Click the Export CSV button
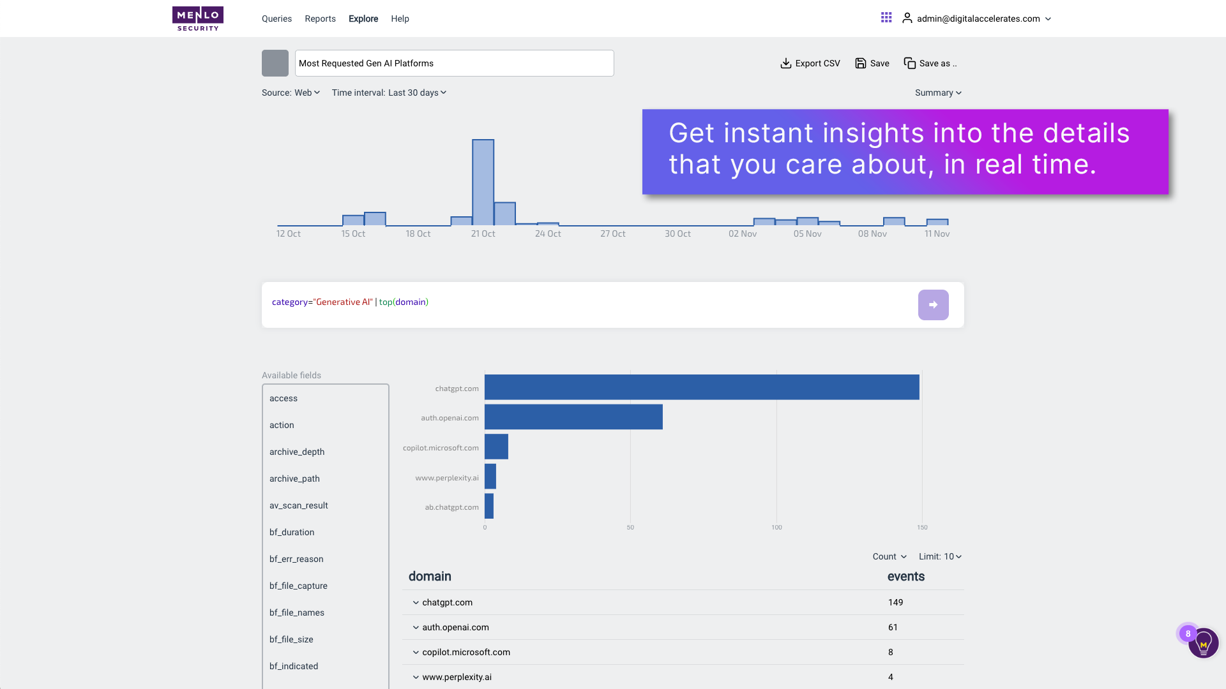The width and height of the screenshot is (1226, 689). click(x=810, y=63)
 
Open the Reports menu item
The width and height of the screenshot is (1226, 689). click(x=320, y=19)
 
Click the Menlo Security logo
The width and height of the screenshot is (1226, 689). click(x=198, y=19)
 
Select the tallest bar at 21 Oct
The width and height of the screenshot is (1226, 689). click(x=483, y=182)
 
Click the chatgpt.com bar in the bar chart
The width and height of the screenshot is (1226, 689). click(x=701, y=387)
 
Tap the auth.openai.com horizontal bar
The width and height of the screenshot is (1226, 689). click(x=573, y=417)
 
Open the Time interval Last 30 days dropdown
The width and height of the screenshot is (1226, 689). click(x=389, y=93)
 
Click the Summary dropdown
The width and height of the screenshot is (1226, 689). click(x=937, y=93)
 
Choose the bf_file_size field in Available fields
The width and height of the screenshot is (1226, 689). click(x=291, y=639)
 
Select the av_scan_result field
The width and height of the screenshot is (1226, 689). click(x=298, y=505)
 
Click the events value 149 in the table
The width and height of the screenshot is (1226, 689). click(x=895, y=602)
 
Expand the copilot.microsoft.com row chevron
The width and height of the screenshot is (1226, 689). click(x=416, y=652)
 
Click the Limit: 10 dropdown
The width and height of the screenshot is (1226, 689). click(x=940, y=556)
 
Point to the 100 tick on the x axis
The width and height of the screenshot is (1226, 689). click(x=776, y=528)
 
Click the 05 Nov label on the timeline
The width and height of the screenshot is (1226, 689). click(x=807, y=234)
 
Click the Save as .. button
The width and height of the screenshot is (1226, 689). click(x=930, y=63)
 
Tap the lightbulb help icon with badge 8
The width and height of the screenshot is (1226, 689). click(x=1203, y=643)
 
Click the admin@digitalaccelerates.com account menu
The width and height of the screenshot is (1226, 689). click(x=977, y=19)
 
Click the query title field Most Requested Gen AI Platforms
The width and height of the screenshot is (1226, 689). click(x=453, y=63)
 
